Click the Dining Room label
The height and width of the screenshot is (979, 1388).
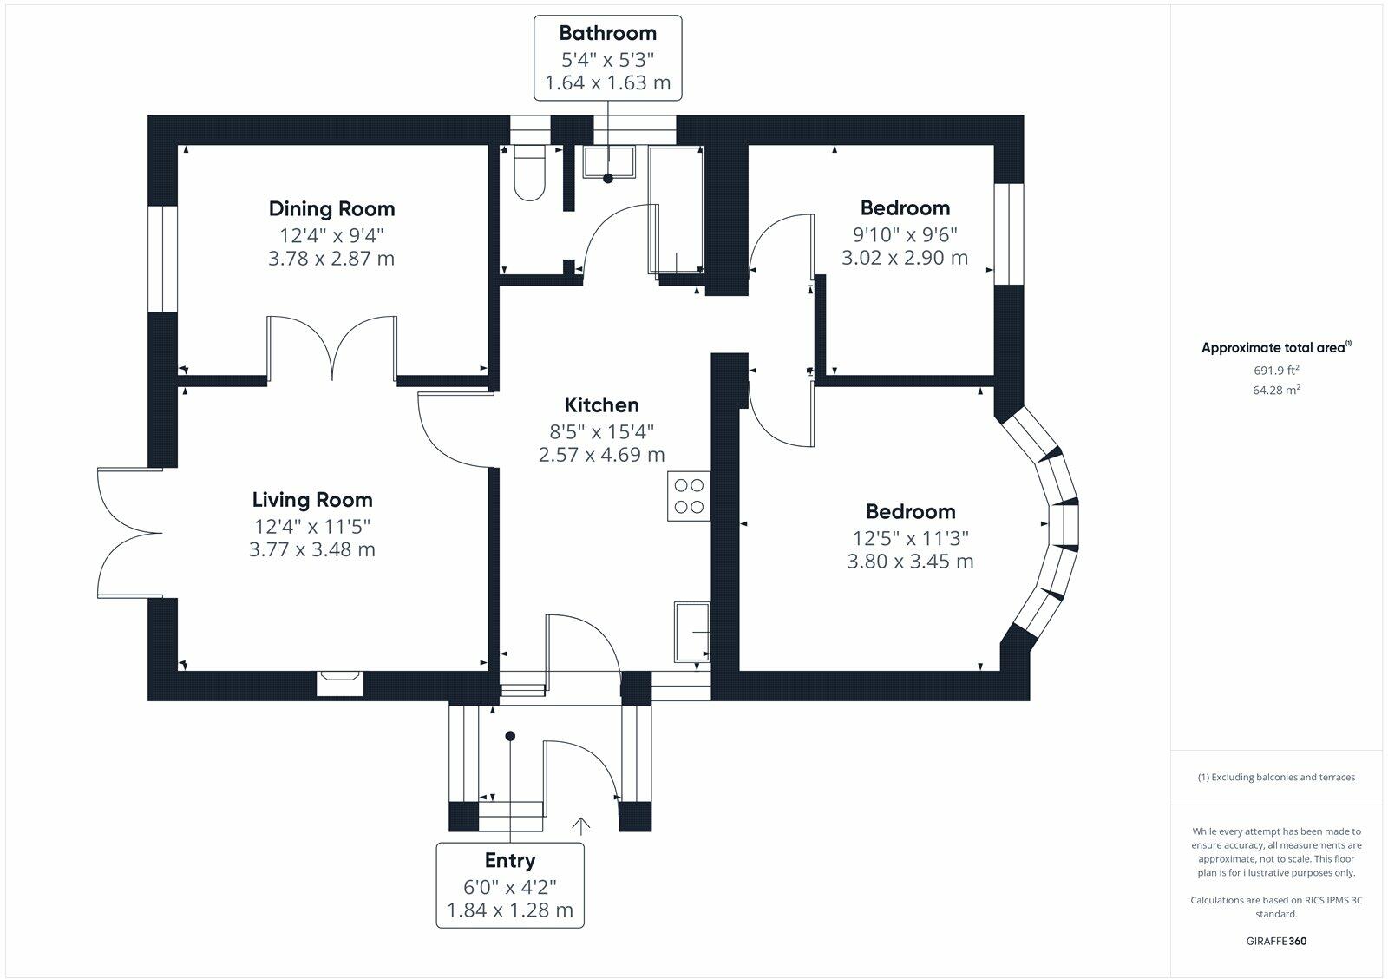331,209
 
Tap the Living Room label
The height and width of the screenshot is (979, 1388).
312,500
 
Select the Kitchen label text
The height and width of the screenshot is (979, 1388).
602,404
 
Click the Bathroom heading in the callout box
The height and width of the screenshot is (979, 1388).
608,33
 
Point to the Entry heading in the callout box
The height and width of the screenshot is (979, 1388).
510,861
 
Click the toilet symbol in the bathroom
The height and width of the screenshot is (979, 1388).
529,173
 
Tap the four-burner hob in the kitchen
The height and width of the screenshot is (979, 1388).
689,496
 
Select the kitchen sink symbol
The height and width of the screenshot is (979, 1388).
692,632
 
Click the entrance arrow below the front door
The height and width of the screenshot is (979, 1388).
580,826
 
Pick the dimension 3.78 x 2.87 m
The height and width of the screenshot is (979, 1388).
331,258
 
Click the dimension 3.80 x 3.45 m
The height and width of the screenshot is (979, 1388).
910,562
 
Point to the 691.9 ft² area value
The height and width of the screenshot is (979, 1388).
1276,370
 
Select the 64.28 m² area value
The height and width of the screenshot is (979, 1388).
1276,390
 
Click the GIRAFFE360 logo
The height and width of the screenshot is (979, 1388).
1276,941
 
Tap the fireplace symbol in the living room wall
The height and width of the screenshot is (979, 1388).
339,683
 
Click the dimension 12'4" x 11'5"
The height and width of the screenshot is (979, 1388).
312,527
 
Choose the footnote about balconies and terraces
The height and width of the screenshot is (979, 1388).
1276,777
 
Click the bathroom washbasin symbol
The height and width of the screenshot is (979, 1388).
609,161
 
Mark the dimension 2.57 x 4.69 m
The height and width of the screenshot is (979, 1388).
602,455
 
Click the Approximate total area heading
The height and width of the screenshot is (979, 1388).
1276,347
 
